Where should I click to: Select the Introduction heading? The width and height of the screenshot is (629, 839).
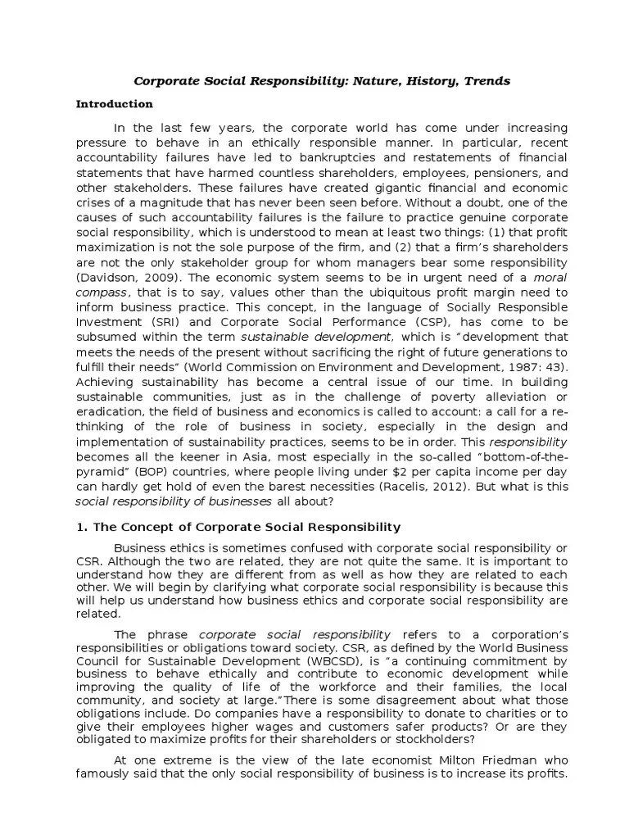click(x=114, y=104)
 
